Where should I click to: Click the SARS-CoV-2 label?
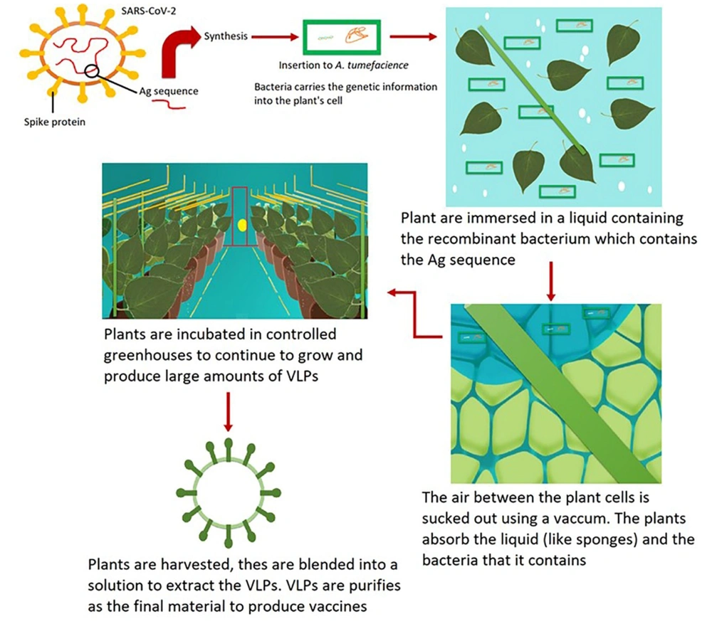click(149, 11)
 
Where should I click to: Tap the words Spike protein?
click(55, 122)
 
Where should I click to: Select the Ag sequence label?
click(169, 91)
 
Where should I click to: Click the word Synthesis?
click(226, 36)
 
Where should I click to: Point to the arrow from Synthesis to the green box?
click(275, 37)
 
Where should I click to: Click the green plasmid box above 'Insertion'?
click(342, 37)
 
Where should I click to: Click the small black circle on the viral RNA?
click(91, 70)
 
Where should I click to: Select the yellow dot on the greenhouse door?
click(242, 225)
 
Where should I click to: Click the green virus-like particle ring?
click(229, 493)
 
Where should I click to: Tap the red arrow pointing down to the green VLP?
click(229, 412)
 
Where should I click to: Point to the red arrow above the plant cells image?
click(551, 281)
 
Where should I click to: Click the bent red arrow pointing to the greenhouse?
click(414, 314)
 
